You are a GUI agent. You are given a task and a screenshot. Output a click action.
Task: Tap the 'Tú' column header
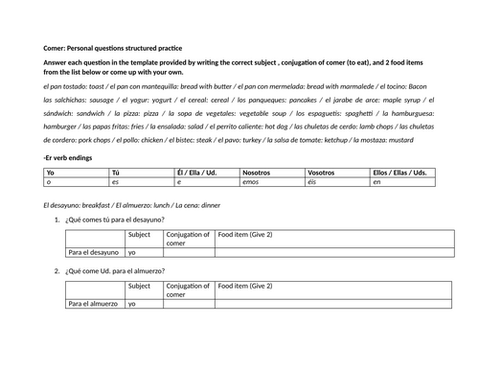pos(116,173)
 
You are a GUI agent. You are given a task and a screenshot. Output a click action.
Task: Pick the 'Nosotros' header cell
pos(259,173)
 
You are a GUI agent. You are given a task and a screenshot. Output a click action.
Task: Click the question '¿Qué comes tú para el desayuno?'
pos(121,221)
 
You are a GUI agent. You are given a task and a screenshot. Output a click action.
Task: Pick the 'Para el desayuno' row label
pos(93,253)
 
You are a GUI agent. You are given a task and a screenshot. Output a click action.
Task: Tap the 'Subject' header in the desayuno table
pos(139,234)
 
